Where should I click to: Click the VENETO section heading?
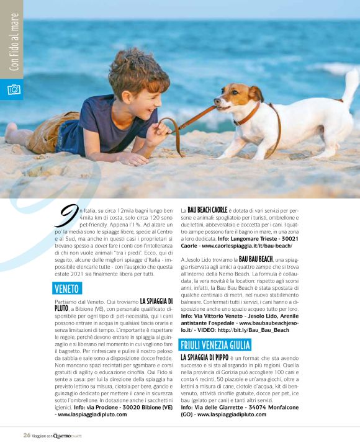[x=67, y=288]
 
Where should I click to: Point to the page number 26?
[x=27, y=434]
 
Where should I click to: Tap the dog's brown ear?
[x=256, y=94]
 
